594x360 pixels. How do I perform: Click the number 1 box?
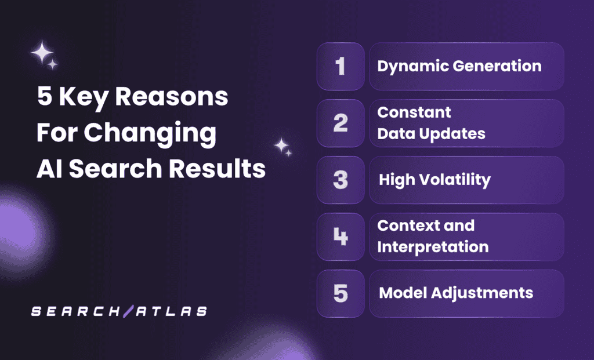point(341,66)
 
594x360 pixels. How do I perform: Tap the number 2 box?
point(341,123)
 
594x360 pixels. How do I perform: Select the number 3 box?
point(341,180)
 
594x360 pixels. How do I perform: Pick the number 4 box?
point(341,237)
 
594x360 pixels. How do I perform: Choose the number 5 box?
point(341,293)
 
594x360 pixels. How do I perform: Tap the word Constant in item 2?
point(414,112)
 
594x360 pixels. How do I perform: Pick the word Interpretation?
point(433,248)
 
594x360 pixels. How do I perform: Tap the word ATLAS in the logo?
point(169,311)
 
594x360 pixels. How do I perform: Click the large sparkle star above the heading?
point(42,53)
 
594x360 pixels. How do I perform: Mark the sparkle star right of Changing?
point(282,146)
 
